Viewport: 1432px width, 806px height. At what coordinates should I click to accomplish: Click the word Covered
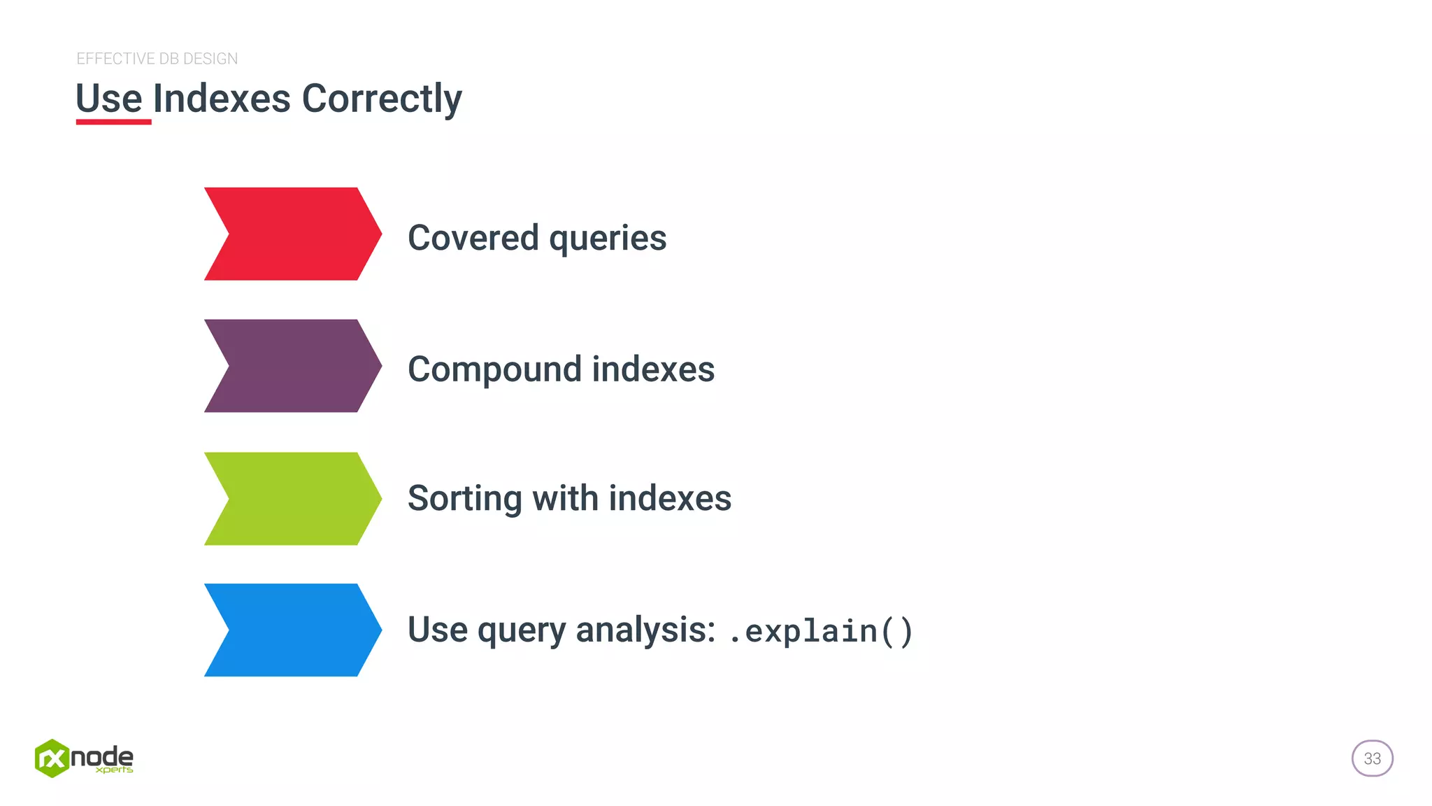pyautogui.click(x=473, y=238)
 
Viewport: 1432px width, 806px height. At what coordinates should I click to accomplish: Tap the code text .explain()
pyautogui.click(x=820, y=631)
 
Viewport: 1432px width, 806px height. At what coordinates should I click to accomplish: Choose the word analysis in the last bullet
pyautogui.click(x=645, y=630)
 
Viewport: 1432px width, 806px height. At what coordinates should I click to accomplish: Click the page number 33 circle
pyautogui.click(x=1372, y=758)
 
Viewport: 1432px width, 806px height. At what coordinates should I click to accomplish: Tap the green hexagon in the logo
pyautogui.click(x=52, y=758)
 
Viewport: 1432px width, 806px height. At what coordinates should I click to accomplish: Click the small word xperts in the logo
pyautogui.click(x=114, y=770)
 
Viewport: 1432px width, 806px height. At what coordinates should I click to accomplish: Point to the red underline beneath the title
pyautogui.click(x=113, y=122)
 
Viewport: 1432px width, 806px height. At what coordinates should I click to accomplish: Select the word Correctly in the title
pyautogui.click(x=381, y=99)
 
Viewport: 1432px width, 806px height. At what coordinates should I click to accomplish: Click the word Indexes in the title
pyautogui.click(x=221, y=99)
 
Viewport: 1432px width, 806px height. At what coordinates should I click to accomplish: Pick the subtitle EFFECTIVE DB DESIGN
pyautogui.click(x=157, y=59)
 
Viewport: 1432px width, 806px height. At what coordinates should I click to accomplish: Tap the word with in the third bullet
pyautogui.click(x=565, y=498)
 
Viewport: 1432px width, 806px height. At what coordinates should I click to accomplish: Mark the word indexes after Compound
pyautogui.click(x=653, y=369)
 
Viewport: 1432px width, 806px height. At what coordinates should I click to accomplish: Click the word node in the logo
pyautogui.click(x=102, y=756)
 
